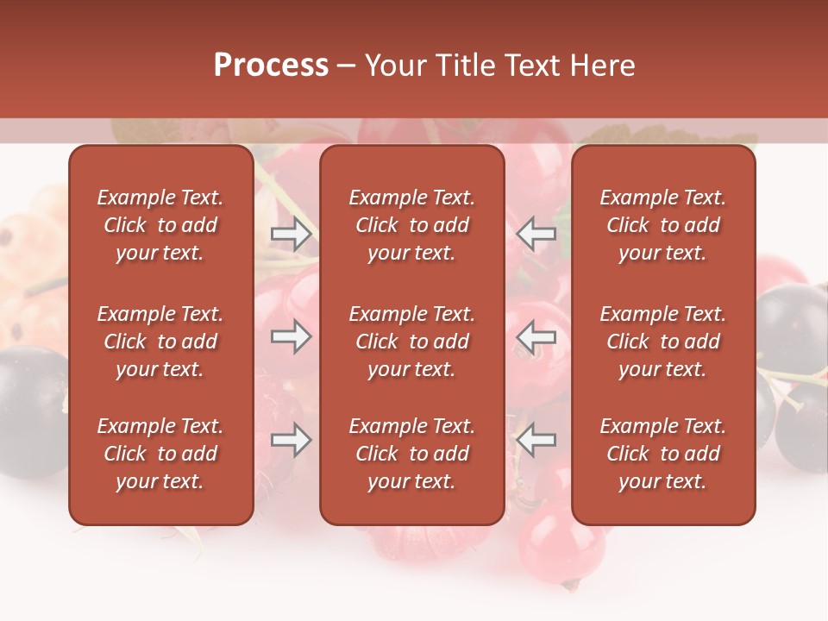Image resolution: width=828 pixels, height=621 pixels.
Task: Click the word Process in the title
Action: pyautogui.click(x=271, y=66)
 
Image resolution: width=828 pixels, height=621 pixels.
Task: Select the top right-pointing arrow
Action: pyautogui.click(x=291, y=235)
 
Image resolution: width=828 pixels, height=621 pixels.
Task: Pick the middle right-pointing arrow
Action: pyautogui.click(x=291, y=336)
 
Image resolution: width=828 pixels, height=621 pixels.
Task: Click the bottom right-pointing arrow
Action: pyautogui.click(x=291, y=441)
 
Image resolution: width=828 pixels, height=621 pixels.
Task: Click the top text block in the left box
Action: pyautogui.click(x=160, y=225)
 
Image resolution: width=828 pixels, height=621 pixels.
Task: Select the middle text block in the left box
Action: pyautogui.click(x=160, y=342)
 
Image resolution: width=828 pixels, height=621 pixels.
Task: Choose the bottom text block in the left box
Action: pyautogui.click(x=160, y=454)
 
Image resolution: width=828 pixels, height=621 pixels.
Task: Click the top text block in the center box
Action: pyautogui.click(x=412, y=225)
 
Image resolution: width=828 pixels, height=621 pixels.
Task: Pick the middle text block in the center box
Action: pyautogui.click(x=412, y=342)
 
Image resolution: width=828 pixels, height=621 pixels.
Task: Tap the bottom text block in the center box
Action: pyautogui.click(x=412, y=454)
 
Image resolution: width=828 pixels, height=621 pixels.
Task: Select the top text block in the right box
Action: pyautogui.click(x=663, y=225)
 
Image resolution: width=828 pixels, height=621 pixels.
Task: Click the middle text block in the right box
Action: pyautogui.click(x=663, y=342)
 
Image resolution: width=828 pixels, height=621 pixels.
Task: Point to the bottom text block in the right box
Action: pyautogui.click(x=663, y=454)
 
